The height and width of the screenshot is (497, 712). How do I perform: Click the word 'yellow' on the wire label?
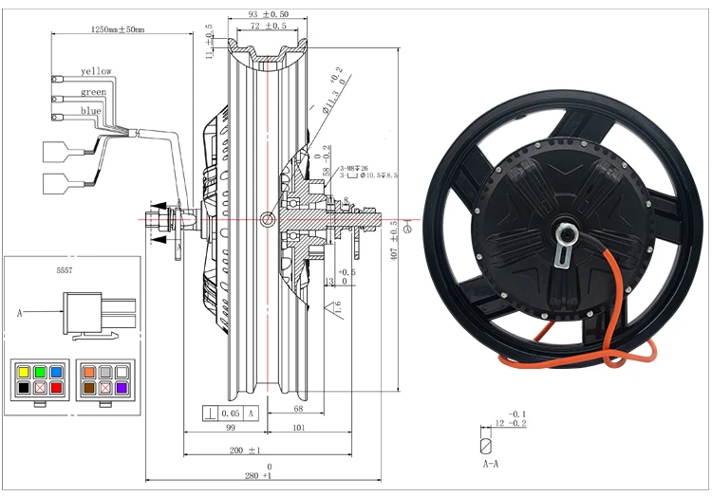pyautogui.click(x=96, y=71)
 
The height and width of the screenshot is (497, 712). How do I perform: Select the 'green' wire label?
pyautogui.click(x=93, y=92)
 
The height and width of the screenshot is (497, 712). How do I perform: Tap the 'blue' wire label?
pyautogui.click(x=91, y=112)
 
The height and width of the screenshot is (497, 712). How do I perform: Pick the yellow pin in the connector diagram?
pyautogui.click(x=23, y=373)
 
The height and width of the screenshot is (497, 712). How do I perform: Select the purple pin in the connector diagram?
pyautogui.click(x=121, y=389)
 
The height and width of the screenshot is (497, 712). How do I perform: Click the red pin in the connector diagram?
pyautogui.click(x=56, y=389)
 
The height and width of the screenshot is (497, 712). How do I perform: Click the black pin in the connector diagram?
pyautogui.click(x=23, y=389)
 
